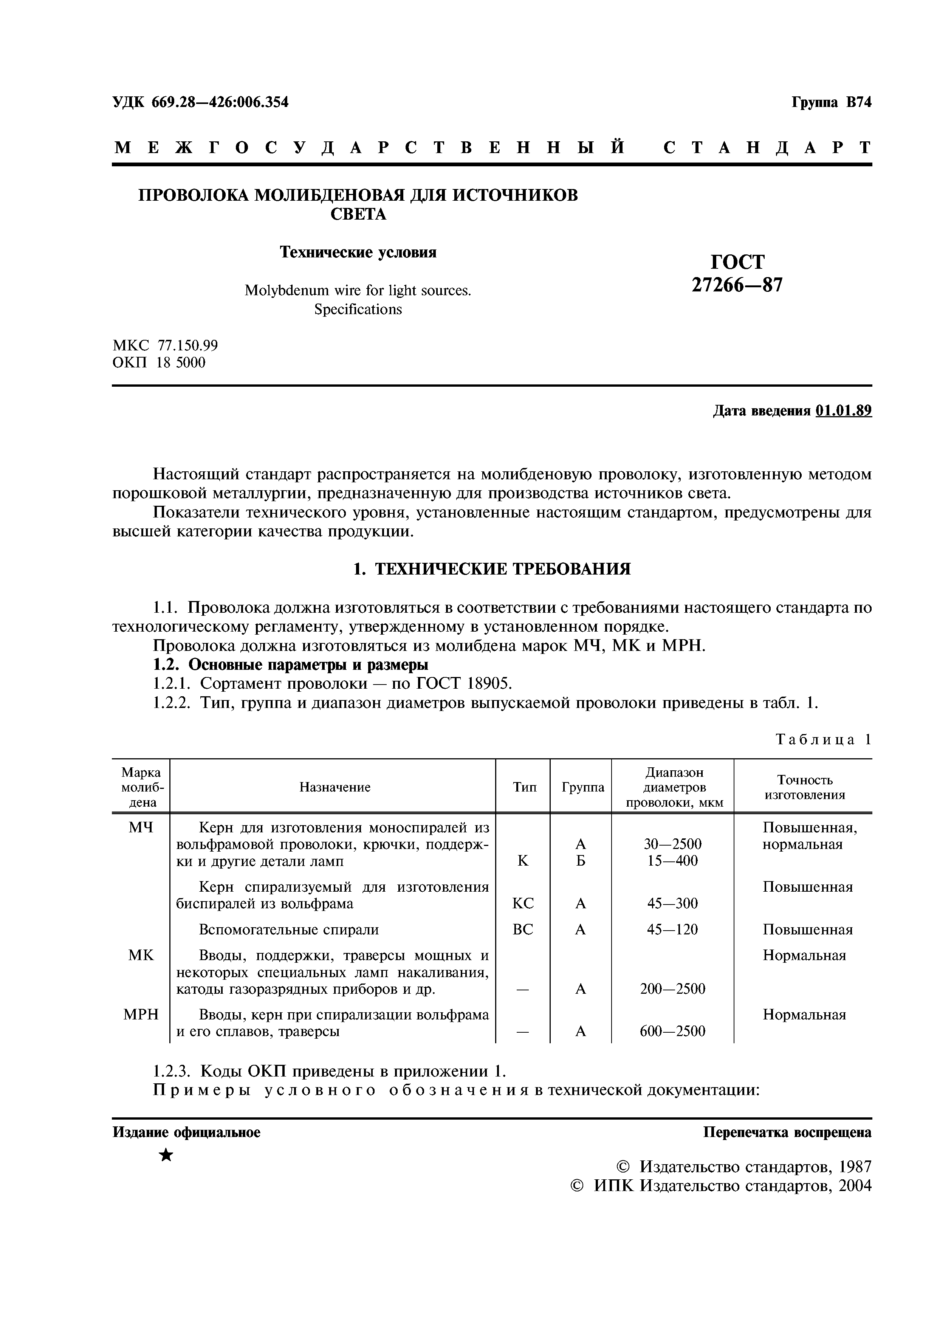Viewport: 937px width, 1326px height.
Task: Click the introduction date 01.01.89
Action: pyautogui.click(x=844, y=411)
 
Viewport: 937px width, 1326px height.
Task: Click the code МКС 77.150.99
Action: pyautogui.click(x=165, y=345)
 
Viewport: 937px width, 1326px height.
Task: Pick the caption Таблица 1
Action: pyautogui.click(x=823, y=739)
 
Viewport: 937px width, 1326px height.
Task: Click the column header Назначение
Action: pyautogui.click(x=335, y=787)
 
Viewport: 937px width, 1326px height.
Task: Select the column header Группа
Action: pyautogui.click(x=582, y=787)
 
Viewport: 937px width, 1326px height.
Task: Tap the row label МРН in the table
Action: pyautogui.click(x=141, y=1014)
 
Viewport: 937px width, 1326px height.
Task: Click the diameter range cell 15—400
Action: pyautogui.click(x=672, y=861)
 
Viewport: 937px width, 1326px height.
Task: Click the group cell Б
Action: pyautogui.click(x=581, y=861)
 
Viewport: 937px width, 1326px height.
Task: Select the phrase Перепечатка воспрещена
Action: pyautogui.click(x=787, y=1132)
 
